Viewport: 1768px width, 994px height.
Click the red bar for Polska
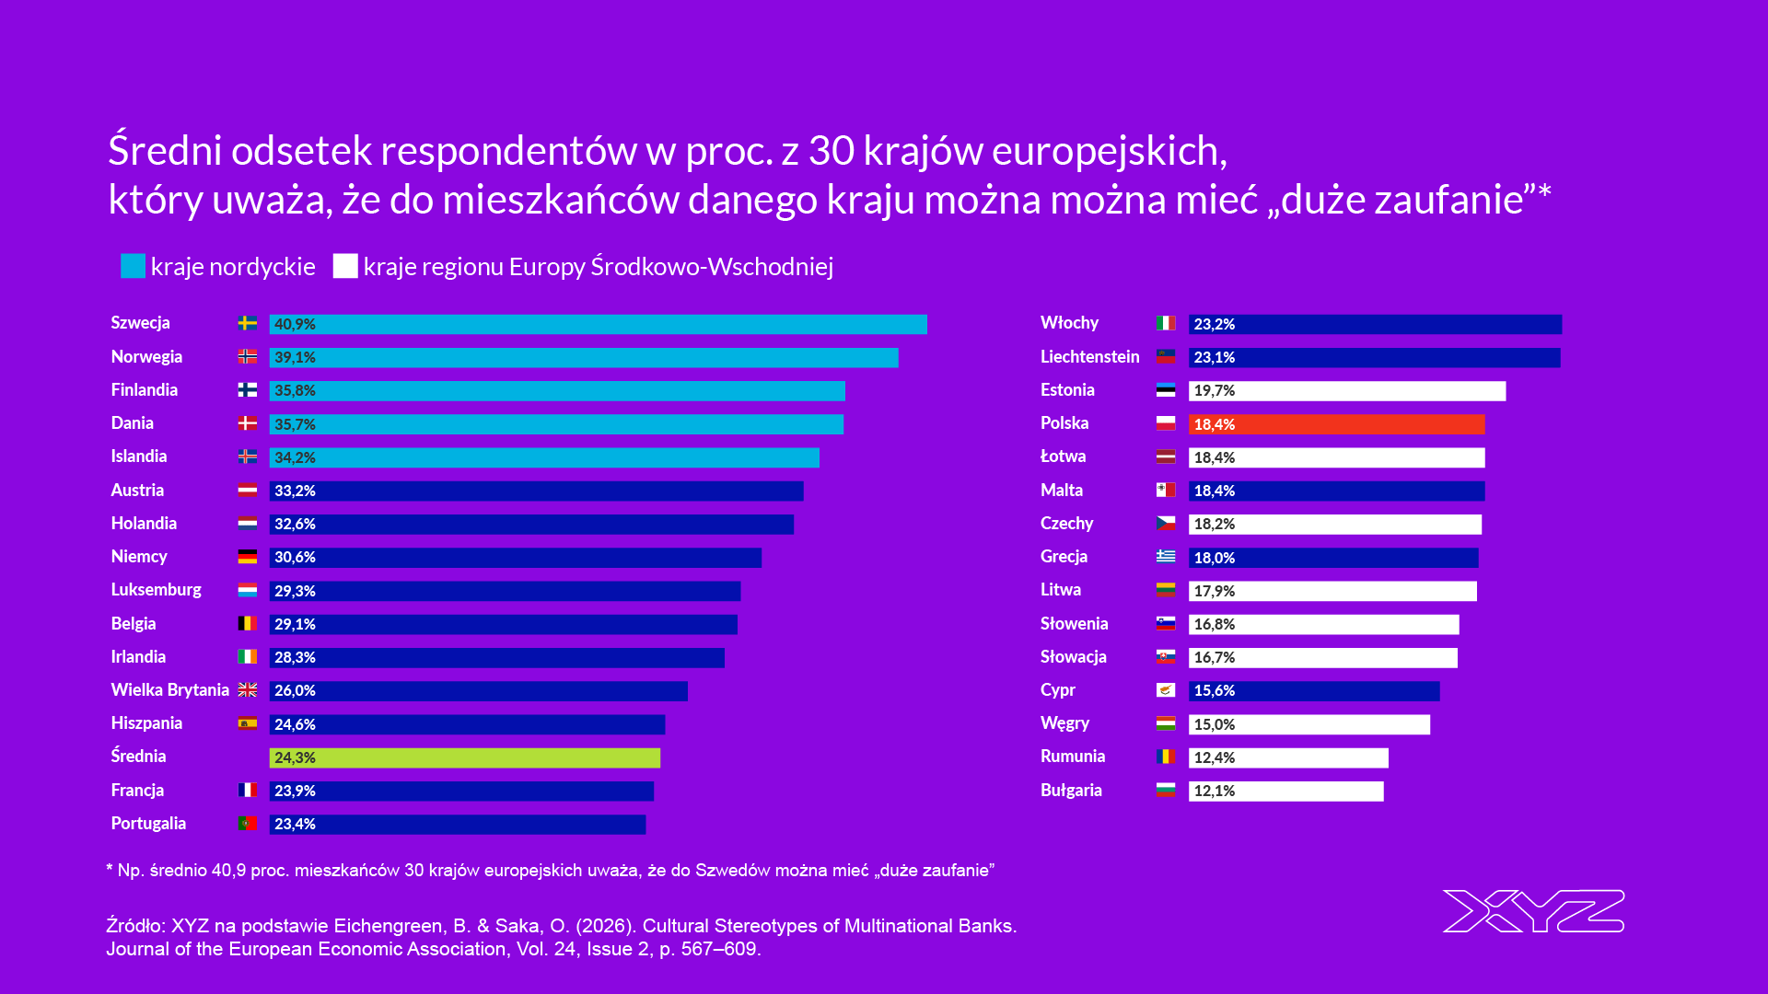click(1335, 424)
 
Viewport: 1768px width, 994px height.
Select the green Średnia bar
click(464, 757)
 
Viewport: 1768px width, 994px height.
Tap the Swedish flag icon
click(248, 323)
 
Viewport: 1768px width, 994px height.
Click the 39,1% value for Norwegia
click(295, 357)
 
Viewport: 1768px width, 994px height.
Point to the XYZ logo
click(1533, 911)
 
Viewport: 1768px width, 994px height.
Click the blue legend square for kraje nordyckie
click(133, 266)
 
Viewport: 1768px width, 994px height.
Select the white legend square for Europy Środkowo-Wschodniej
click(345, 266)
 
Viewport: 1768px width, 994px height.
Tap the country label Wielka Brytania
click(169, 690)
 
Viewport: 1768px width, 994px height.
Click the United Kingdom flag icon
click(248, 690)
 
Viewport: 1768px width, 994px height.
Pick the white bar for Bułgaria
click(1285, 791)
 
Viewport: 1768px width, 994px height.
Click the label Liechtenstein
click(1089, 357)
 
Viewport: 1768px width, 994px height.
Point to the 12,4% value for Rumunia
click(1214, 757)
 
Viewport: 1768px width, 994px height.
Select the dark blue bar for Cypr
click(1313, 690)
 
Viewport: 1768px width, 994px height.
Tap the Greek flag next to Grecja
click(1166, 557)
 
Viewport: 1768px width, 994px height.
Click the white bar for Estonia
click(1346, 391)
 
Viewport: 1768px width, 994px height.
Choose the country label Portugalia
click(148, 824)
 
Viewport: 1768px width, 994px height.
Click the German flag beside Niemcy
click(248, 557)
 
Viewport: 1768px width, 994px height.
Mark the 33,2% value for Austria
click(295, 491)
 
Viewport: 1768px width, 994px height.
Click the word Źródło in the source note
click(134, 926)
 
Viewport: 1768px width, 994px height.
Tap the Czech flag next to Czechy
click(1166, 523)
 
